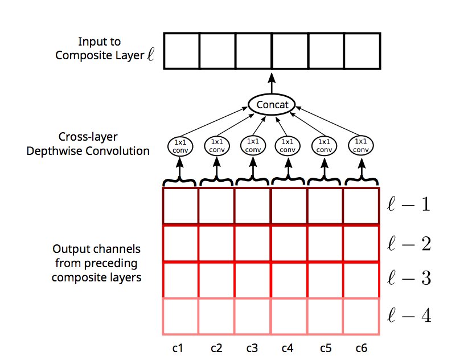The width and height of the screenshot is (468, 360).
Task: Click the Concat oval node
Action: coord(272,105)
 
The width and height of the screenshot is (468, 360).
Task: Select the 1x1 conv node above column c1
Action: coord(180,146)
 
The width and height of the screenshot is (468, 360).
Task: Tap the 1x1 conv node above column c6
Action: coord(360,146)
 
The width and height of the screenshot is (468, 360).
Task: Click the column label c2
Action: coord(216,346)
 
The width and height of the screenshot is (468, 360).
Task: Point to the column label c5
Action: coord(325,346)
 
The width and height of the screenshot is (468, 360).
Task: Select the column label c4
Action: coord(289,346)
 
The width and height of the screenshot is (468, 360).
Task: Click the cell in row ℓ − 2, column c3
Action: coord(253,243)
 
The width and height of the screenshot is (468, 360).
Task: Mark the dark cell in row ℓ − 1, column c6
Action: coord(361,206)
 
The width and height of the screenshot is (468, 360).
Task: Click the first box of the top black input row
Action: coord(181,51)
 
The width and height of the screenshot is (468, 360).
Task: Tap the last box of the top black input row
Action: coord(362,51)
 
